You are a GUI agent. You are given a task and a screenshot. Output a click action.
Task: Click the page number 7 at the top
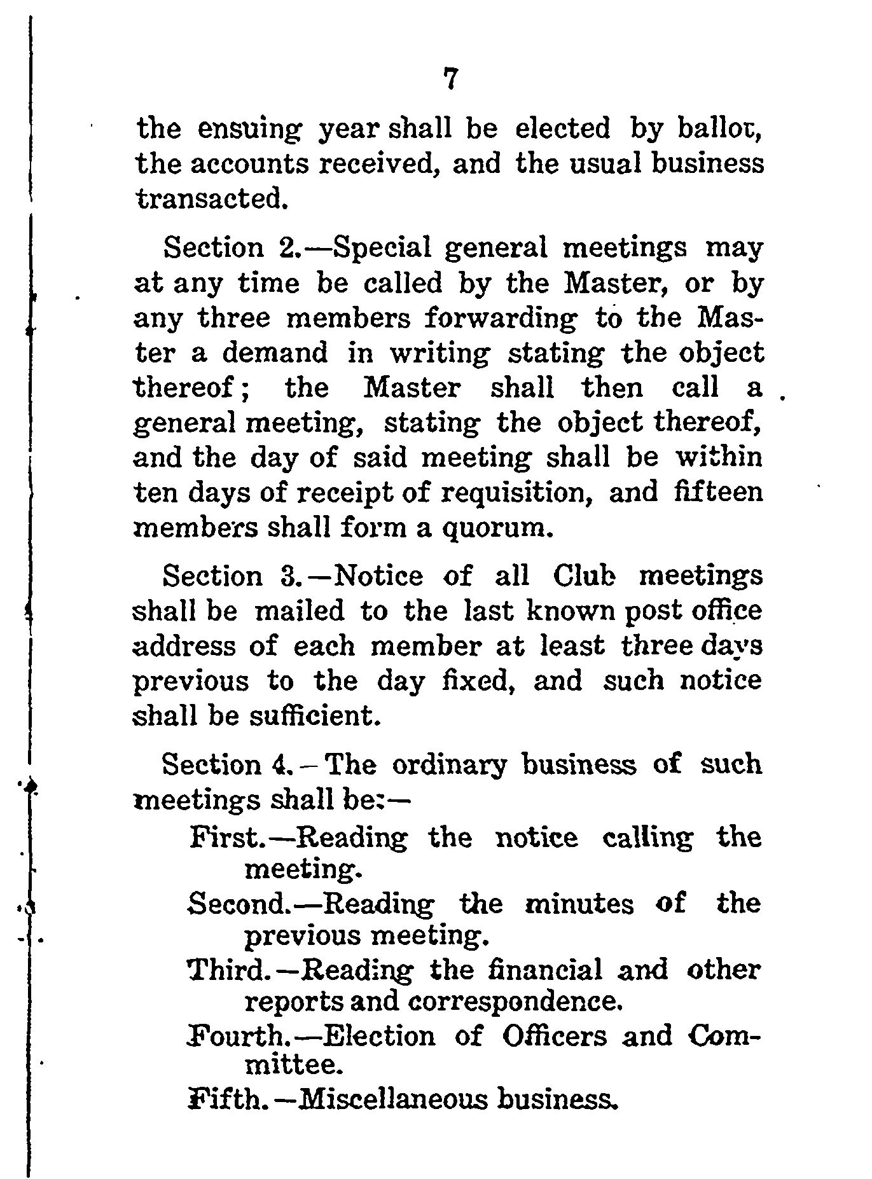tap(450, 81)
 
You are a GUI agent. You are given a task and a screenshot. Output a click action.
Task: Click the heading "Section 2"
tap(227, 247)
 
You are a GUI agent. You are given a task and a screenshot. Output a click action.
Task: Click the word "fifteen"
tap(718, 492)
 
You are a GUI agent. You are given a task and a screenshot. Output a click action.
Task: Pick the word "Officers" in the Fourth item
tap(555, 1037)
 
